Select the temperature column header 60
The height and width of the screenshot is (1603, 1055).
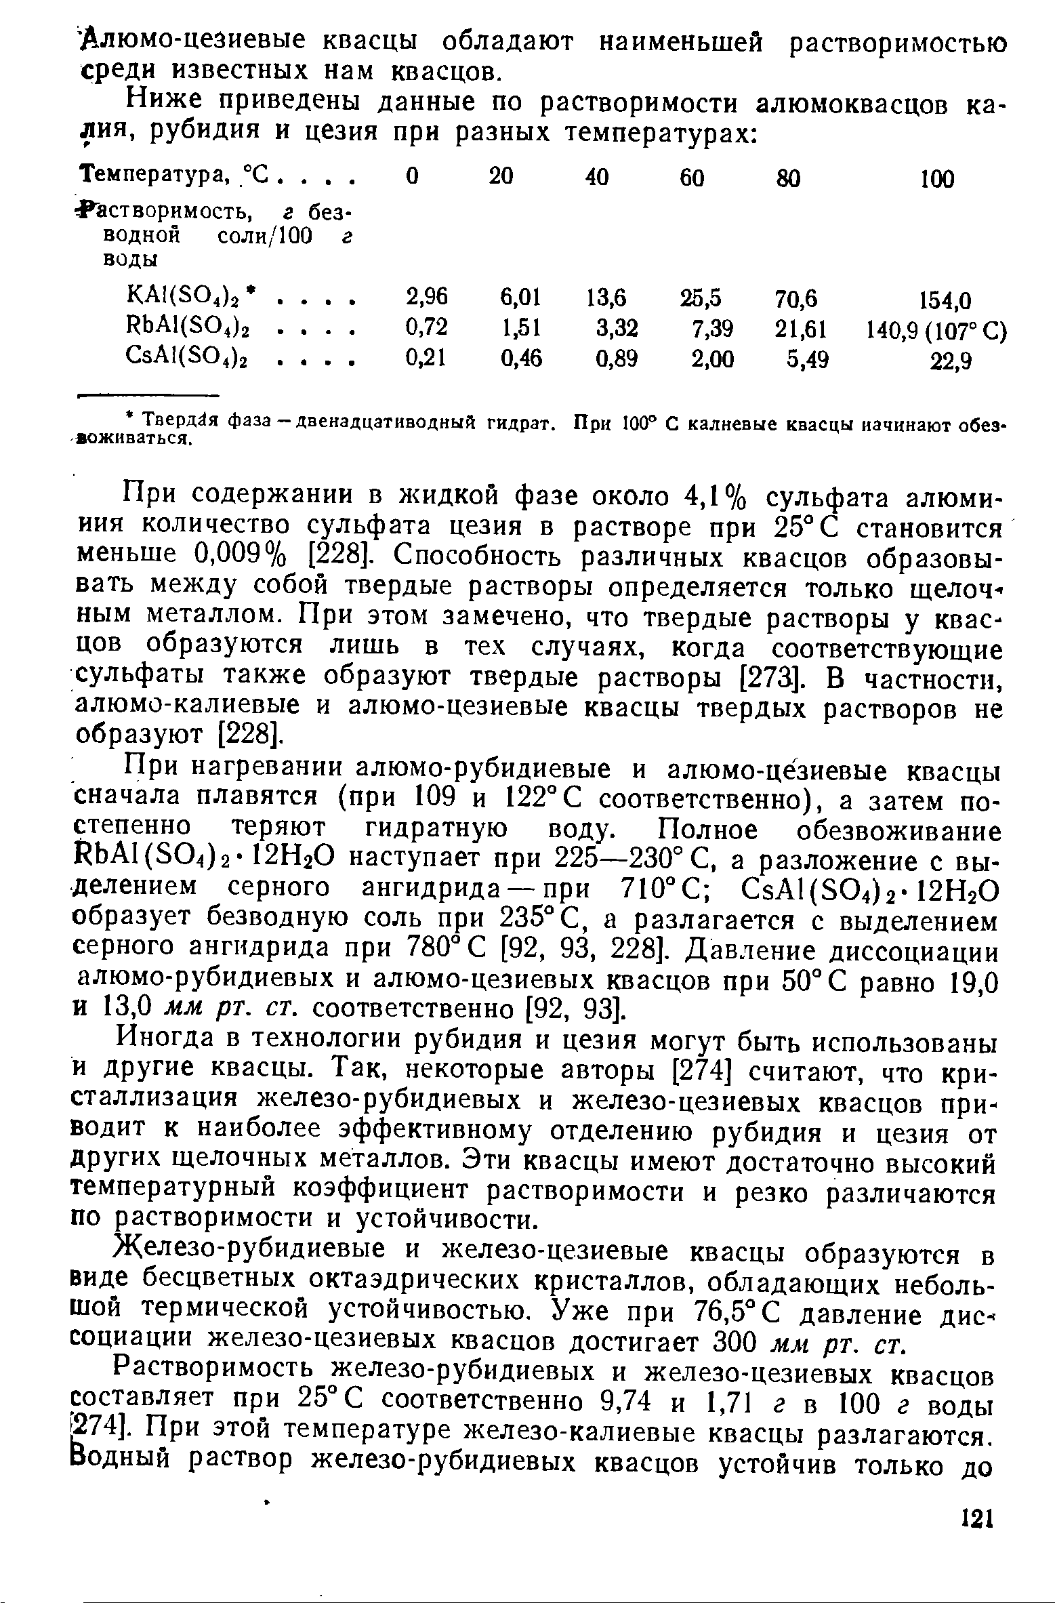[691, 179]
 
